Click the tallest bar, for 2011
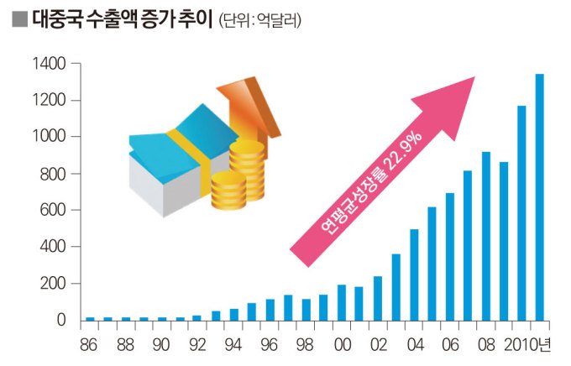[539, 197]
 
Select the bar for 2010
[521, 213]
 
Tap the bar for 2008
[486, 236]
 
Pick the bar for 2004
[414, 274]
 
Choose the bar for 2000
[342, 303]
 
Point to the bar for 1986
[90, 319]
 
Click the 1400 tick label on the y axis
[50, 64]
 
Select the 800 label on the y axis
[53, 175]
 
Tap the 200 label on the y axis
[53, 284]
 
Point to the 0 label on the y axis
[61, 320]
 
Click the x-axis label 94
[233, 345]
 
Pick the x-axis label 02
[378, 345]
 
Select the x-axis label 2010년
[527, 345]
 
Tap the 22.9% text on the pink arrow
[405, 151]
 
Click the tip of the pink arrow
[475, 77]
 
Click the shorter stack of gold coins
[228, 191]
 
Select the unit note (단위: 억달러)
[260, 21]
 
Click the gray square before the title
[19, 19]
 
